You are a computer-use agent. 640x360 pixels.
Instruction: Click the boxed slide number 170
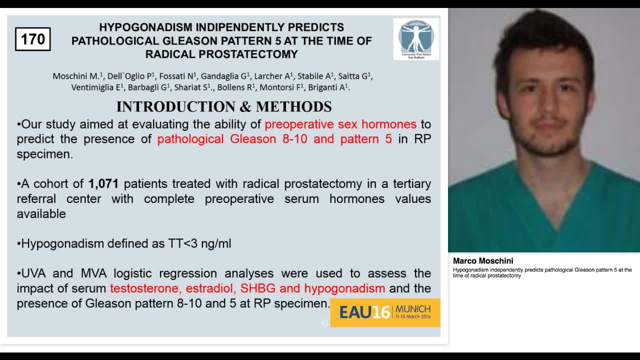point(32,39)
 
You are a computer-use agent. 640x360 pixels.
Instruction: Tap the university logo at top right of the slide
point(416,39)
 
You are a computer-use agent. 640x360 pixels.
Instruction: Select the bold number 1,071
point(103,184)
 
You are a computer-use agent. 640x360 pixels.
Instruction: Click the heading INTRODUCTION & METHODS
point(224,106)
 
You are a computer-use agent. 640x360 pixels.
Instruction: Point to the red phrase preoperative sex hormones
point(340,124)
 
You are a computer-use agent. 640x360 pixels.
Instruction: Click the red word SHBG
point(256,288)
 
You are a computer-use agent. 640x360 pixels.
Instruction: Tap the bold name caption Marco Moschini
point(483,261)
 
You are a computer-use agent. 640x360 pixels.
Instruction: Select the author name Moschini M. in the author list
point(76,76)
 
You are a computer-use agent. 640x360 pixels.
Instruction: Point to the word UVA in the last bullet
point(34,273)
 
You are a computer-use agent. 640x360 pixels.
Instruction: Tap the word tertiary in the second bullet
point(409,184)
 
